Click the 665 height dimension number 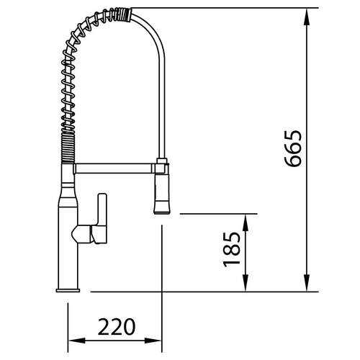pos(292,148)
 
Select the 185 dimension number pos(232,249)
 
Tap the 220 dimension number pos(117,327)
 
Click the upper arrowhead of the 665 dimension pos(307,17)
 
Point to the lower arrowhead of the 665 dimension pos(307,283)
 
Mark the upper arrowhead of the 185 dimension pos(245,222)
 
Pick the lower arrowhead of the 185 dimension pos(245,283)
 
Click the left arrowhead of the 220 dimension pos(77,341)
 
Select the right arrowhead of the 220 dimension pos(153,341)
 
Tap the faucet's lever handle pos(102,218)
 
